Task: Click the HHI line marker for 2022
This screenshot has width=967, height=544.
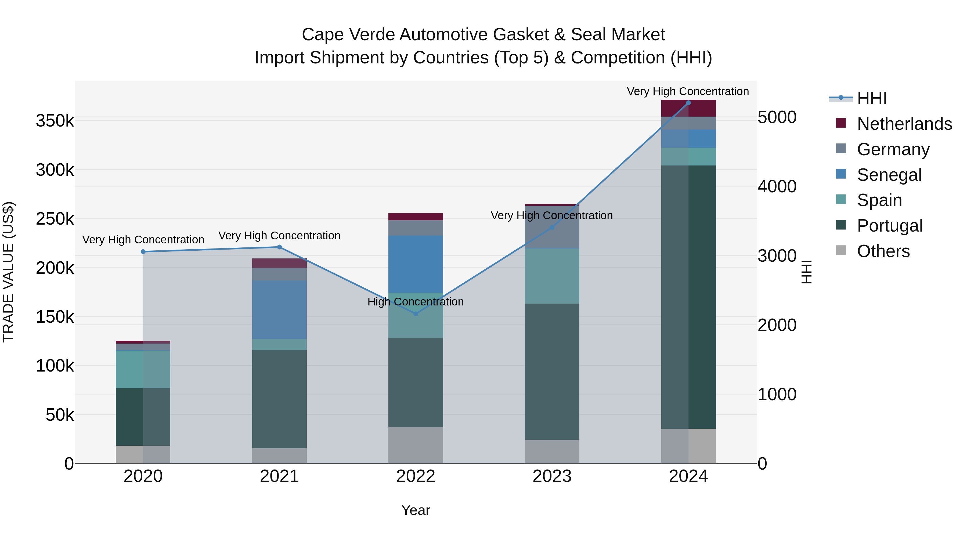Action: pyautogui.click(x=416, y=314)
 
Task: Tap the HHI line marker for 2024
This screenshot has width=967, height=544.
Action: pyautogui.click(x=688, y=103)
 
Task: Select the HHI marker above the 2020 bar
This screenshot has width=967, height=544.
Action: pyautogui.click(x=143, y=251)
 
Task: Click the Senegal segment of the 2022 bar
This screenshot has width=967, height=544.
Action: pyautogui.click(x=416, y=264)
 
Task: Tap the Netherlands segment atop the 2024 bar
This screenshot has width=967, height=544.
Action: pyautogui.click(x=688, y=108)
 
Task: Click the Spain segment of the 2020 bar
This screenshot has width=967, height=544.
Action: pyautogui.click(x=143, y=369)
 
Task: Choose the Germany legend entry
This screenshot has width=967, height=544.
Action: pyautogui.click(x=893, y=149)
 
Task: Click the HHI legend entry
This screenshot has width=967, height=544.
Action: pyautogui.click(x=872, y=98)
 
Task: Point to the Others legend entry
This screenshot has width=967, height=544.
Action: pyautogui.click(x=883, y=251)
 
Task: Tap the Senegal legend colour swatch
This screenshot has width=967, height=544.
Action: pyautogui.click(x=841, y=174)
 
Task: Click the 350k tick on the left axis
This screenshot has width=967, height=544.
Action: pyautogui.click(x=55, y=121)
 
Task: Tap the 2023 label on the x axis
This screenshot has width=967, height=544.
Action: pyautogui.click(x=552, y=476)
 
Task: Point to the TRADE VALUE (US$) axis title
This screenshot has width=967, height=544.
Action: pyautogui.click(x=8, y=272)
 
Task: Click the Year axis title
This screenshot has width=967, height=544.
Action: pyautogui.click(x=416, y=510)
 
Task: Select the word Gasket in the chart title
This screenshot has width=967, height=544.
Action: pyautogui.click(x=521, y=35)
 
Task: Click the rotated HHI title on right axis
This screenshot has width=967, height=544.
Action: pyautogui.click(x=806, y=272)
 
